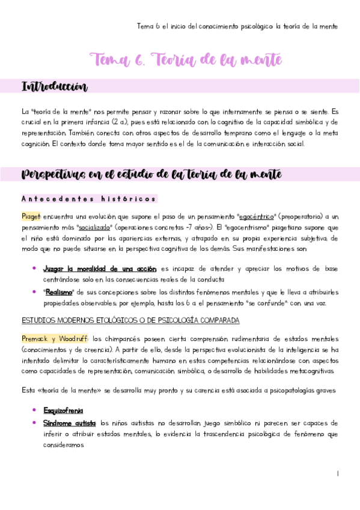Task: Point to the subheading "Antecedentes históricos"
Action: point(89,198)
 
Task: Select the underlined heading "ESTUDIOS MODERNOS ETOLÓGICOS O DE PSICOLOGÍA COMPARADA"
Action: point(130,320)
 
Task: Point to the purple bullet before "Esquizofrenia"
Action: point(34,411)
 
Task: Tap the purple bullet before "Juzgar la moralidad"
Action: point(34,268)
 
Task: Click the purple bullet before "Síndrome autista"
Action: point(34,423)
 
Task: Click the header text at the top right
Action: point(237,26)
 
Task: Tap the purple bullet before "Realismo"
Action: point(34,292)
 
